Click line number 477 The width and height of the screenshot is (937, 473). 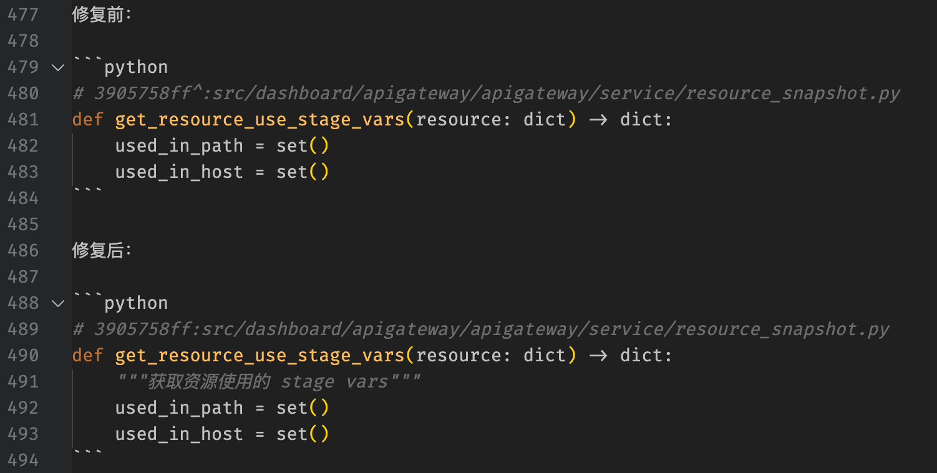[23, 15]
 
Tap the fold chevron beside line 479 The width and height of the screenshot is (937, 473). [58, 67]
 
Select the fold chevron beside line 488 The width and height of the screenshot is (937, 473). [58, 303]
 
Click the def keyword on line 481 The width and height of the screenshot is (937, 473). [88, 120]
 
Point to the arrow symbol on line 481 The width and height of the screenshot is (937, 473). [598, 120]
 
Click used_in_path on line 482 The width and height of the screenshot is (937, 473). [179, 146]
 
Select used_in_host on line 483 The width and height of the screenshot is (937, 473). [179, 172]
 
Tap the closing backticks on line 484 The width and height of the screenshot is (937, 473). [88, 190]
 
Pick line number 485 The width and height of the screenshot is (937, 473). [23, 225]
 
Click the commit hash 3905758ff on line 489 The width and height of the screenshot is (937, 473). [143, 329]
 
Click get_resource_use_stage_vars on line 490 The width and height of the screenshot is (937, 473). [260, 356]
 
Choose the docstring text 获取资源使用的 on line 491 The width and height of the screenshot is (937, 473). [209, 382]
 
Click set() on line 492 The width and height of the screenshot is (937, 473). [303, 408]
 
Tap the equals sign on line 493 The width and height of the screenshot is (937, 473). [260, 434]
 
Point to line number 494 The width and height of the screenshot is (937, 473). [23, 461]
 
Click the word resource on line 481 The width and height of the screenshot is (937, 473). [459, 120]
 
